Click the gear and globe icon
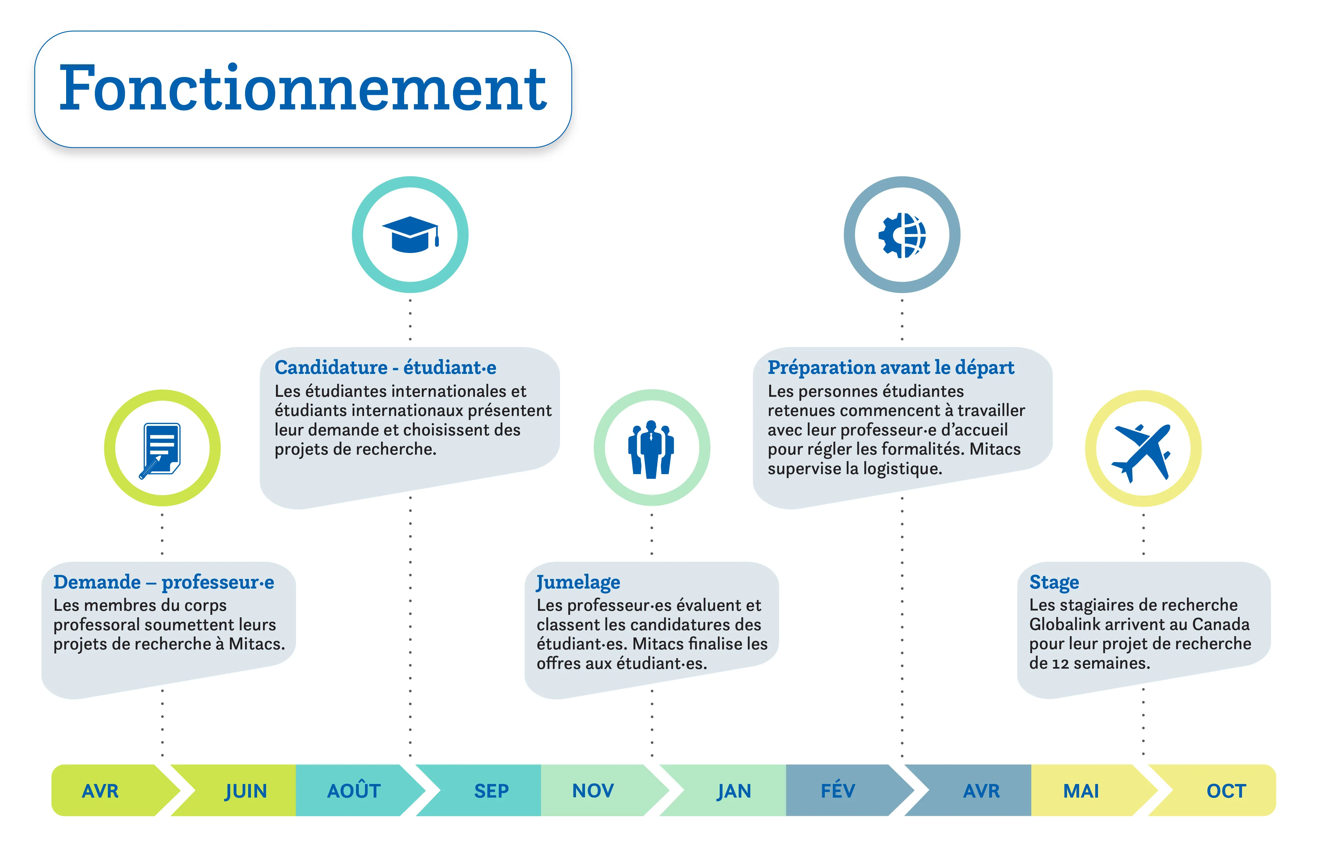[901, 235]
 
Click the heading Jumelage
[578, 582]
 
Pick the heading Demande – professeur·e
[163, 582]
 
